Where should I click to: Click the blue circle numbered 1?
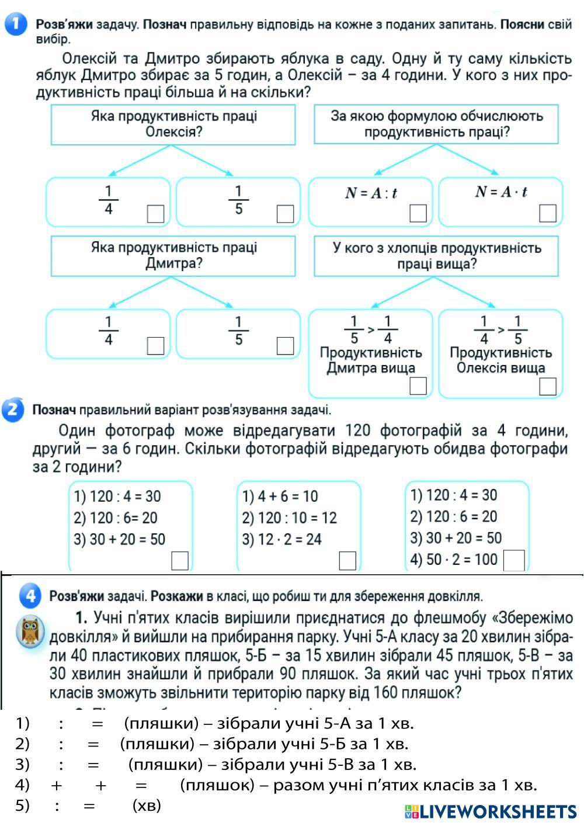coord(16,25)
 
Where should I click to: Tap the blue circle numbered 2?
coord(13,409)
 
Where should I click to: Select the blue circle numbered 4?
coord(30,596)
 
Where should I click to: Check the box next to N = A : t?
coord(418,213)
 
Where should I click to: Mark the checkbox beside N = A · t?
coord(548,213)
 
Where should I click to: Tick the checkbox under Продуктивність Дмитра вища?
coord(418,386)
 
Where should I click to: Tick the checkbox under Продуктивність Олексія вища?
coord(548,386)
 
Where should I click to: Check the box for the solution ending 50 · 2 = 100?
coord(514,560)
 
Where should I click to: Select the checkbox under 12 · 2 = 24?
coord(347,560)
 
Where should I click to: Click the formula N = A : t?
coord(371,193)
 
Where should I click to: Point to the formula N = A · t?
coord(501,192)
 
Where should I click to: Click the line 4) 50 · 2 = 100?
coord(454,559)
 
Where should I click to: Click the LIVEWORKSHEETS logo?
coord(491,811)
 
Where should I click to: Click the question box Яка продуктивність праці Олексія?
coord(173,124)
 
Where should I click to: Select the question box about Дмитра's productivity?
coord(173,255)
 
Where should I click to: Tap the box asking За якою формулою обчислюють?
coord(436,124)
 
